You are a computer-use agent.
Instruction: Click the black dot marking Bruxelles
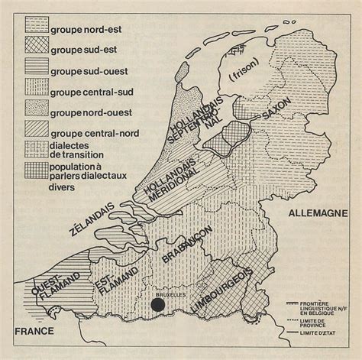(x=156, y=306)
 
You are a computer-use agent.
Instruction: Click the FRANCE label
(x=32, y=330)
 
